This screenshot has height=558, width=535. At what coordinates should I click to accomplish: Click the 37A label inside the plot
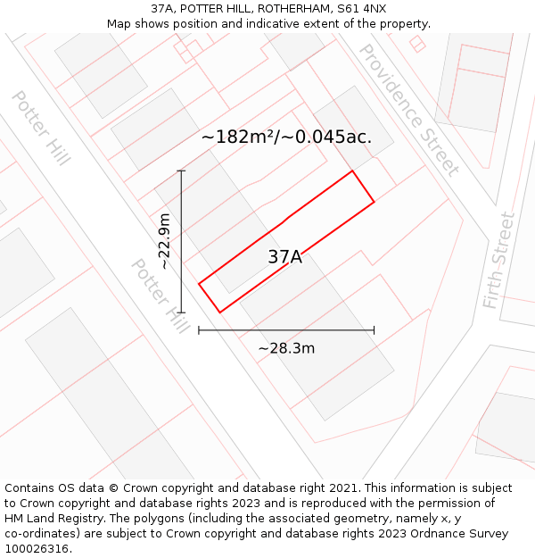[284, 257]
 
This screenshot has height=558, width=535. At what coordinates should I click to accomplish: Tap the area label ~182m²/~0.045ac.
[286, 137]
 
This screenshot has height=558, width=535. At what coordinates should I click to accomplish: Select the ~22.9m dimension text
[164, 241]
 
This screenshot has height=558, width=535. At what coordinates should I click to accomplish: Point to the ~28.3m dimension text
[286, 348]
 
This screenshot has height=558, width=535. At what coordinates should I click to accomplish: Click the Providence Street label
[408, 109]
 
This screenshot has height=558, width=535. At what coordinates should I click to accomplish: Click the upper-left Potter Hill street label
[40, 127]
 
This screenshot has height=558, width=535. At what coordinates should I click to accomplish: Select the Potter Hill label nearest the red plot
[160, 296]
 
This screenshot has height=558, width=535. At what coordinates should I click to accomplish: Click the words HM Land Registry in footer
[47, 519]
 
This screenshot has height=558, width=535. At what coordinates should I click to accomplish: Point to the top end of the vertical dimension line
[181, 171]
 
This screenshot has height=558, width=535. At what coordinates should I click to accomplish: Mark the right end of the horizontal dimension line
[374, 330]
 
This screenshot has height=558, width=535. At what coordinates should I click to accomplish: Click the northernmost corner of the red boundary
[352, 171]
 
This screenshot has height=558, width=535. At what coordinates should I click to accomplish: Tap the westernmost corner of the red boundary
[199, 285]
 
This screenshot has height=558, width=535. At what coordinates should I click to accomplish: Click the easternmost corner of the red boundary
[374, 202]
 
